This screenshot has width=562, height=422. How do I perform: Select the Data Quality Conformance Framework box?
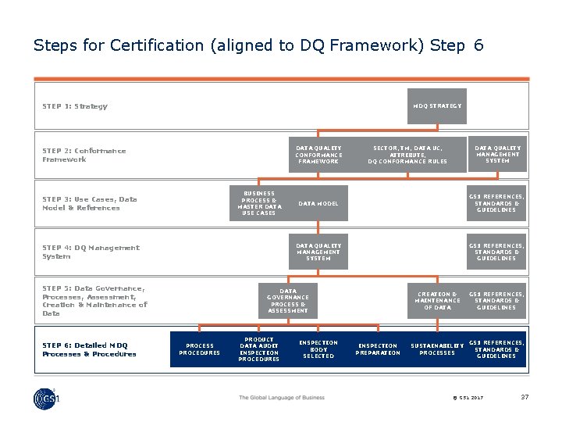318,155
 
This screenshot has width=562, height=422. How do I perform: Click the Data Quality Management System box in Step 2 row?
497,154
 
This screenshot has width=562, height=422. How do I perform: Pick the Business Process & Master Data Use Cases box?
258,203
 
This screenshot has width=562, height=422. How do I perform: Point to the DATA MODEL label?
318,203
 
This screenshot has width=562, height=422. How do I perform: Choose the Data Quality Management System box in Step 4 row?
318,252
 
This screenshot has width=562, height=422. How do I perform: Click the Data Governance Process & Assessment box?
287,301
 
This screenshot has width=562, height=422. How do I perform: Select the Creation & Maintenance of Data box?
437,301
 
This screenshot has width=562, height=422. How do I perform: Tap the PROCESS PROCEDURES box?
199,349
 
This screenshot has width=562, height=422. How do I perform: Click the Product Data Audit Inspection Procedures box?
258,349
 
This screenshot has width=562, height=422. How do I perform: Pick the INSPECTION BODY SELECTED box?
318,349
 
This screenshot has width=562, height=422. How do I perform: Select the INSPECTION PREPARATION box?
378,349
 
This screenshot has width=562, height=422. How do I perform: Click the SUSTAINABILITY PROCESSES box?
437,349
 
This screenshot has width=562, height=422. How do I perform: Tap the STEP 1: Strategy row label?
75,106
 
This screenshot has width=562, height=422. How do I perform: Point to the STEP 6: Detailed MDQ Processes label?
89,349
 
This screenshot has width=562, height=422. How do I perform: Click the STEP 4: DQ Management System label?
91,252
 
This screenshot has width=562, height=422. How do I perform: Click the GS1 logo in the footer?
47,399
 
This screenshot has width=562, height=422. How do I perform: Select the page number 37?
525,398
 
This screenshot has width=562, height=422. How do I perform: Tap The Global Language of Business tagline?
281,398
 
